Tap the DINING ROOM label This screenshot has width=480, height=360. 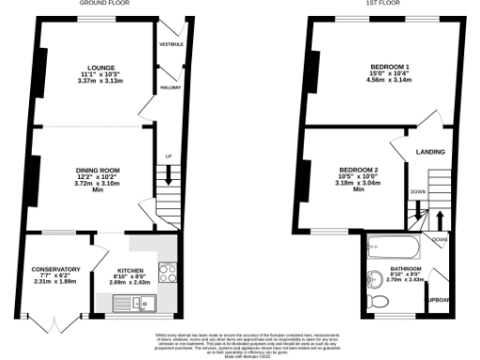[98, 170]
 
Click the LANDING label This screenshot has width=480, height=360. [430, 151]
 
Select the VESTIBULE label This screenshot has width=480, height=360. [171, 44]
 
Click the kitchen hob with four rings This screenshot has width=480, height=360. [169, 273]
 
